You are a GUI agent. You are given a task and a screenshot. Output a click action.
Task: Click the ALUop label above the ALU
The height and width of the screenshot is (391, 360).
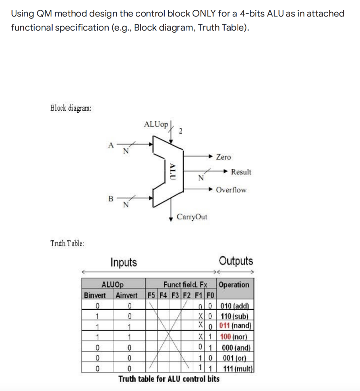point(156,124)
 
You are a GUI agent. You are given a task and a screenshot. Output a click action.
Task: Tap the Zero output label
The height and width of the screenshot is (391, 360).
point(223,157)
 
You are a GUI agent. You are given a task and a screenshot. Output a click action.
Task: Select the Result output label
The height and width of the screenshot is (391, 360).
point(241,172)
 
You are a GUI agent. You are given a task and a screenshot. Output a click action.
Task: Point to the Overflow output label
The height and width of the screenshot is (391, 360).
point(231,190)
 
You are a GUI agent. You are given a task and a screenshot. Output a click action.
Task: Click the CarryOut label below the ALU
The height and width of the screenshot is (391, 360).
point(192,217)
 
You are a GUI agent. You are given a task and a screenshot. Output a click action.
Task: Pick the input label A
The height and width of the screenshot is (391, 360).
point(111,144)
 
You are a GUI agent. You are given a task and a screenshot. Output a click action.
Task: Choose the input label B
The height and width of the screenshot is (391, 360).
point(111,198)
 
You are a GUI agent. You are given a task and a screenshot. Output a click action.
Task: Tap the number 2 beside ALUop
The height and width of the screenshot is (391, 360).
point(180,131)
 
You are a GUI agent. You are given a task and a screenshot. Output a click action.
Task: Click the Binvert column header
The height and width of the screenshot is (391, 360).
point(95,295)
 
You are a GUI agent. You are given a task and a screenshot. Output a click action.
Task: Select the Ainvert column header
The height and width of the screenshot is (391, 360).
point(126,295)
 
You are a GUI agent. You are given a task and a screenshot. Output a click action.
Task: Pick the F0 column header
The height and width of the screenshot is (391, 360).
point(211,295)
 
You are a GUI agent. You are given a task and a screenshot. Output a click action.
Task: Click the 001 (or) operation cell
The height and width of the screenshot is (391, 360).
point(235,358)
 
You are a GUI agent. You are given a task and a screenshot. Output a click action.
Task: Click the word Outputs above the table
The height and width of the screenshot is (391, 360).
point(236,262)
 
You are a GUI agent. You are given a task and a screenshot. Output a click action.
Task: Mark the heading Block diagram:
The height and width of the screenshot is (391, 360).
point(71,108)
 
